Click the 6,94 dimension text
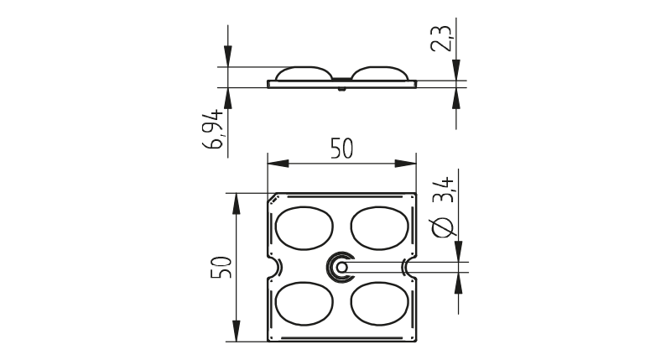[213, 129]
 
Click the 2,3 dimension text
[441, 39]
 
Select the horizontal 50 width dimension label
[342, 149]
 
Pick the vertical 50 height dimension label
[221, 267]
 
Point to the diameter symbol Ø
[443, 227]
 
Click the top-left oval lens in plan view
[304, 228]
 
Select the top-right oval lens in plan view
[380, 228]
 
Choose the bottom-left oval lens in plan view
[304, 304]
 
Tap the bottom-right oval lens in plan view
[380, 304]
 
